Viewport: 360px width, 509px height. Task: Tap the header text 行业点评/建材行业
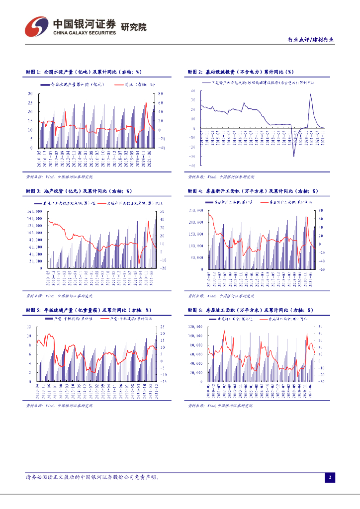tap(311, 40)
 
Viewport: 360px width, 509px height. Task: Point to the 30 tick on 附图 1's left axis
tap(30, 93)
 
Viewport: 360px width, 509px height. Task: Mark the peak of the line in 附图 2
tap(311, 94)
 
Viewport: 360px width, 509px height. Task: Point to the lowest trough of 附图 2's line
tap(293, 156)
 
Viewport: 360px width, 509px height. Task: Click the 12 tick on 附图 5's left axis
tap(29, 327)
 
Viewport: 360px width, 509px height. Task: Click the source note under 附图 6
tap(220, 406)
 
